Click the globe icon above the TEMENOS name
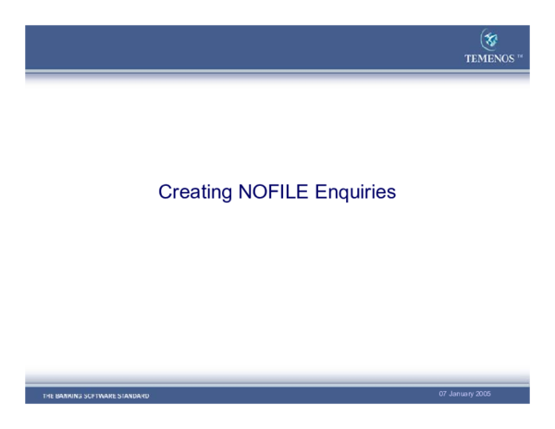(491, 39)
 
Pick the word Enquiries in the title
(356, 192)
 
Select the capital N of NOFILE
(245, 191)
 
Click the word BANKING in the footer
(68, 396)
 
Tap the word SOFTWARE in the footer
(99, 396)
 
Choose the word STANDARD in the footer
(133, 396)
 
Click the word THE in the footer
(47, 396)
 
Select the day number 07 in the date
(443, 394)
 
